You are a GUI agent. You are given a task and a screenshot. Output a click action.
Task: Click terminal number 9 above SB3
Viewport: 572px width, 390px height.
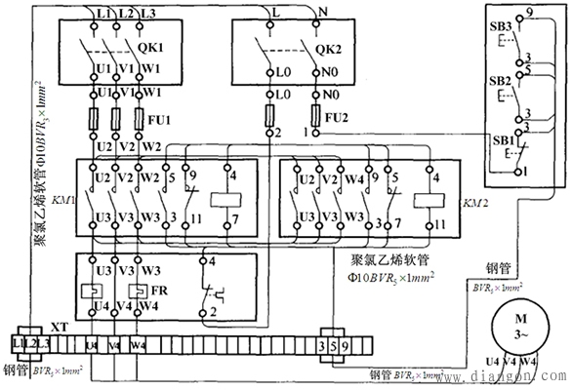[528, 13]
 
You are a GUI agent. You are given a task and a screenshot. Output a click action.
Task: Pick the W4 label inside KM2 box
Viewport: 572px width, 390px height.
[356, 179]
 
